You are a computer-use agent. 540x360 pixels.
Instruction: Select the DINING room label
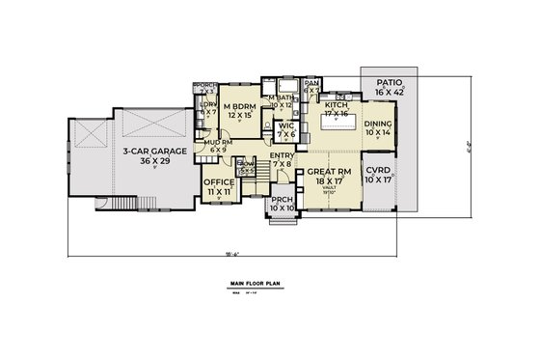378,128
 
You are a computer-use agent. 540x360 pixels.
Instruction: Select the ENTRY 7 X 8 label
283,159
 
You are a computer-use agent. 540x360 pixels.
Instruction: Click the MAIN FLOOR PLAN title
260,285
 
